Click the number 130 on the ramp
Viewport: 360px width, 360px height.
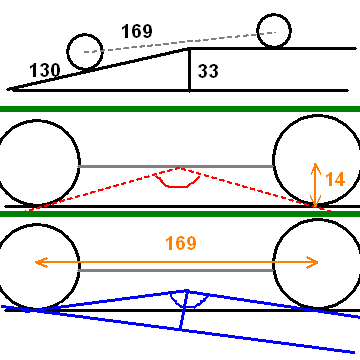point(45,70)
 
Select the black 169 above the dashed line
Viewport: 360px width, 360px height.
point(137,32)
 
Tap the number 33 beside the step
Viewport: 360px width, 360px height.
point(208,71)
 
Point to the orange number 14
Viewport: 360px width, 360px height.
point(335,180)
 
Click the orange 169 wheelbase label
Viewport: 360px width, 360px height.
point(181,243)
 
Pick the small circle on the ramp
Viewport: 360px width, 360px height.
point(85,52)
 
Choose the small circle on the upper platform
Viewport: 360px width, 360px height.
point(274,31)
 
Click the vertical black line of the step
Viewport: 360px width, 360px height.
point(189,69)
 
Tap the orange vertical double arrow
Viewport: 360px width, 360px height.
point(315,184)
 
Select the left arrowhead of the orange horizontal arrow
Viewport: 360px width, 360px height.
point(41,262)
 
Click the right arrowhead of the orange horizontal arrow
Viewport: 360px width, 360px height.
point(313,262)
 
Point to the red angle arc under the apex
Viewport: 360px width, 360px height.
point(177,183)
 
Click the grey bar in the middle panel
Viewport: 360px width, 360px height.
point(176,166)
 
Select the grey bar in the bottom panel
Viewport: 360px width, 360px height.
point(176,270)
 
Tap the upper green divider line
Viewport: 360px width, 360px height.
point(180,109)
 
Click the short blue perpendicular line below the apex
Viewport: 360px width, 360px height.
point(183,310)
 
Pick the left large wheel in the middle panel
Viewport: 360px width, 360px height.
point(38,163)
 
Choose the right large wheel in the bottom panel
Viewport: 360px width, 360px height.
point(317,263)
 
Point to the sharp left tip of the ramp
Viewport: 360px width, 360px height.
point(8,89)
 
